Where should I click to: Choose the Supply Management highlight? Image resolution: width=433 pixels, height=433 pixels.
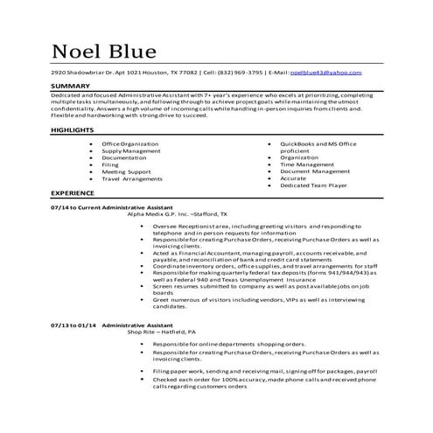click(x=130, y=150)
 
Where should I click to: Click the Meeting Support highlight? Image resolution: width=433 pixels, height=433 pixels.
click(x=127, y=171)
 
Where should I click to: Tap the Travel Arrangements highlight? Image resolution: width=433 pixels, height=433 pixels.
click(x=132, y=178)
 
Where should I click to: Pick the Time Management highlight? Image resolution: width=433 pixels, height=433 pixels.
click(x=306, y=164)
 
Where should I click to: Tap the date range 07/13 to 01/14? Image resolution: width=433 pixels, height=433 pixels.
click(x=74, y=324)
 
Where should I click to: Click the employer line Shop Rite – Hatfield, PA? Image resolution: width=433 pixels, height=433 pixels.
click(x=174, y=332)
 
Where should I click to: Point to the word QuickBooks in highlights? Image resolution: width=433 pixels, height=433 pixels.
click(x=298, y=142)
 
